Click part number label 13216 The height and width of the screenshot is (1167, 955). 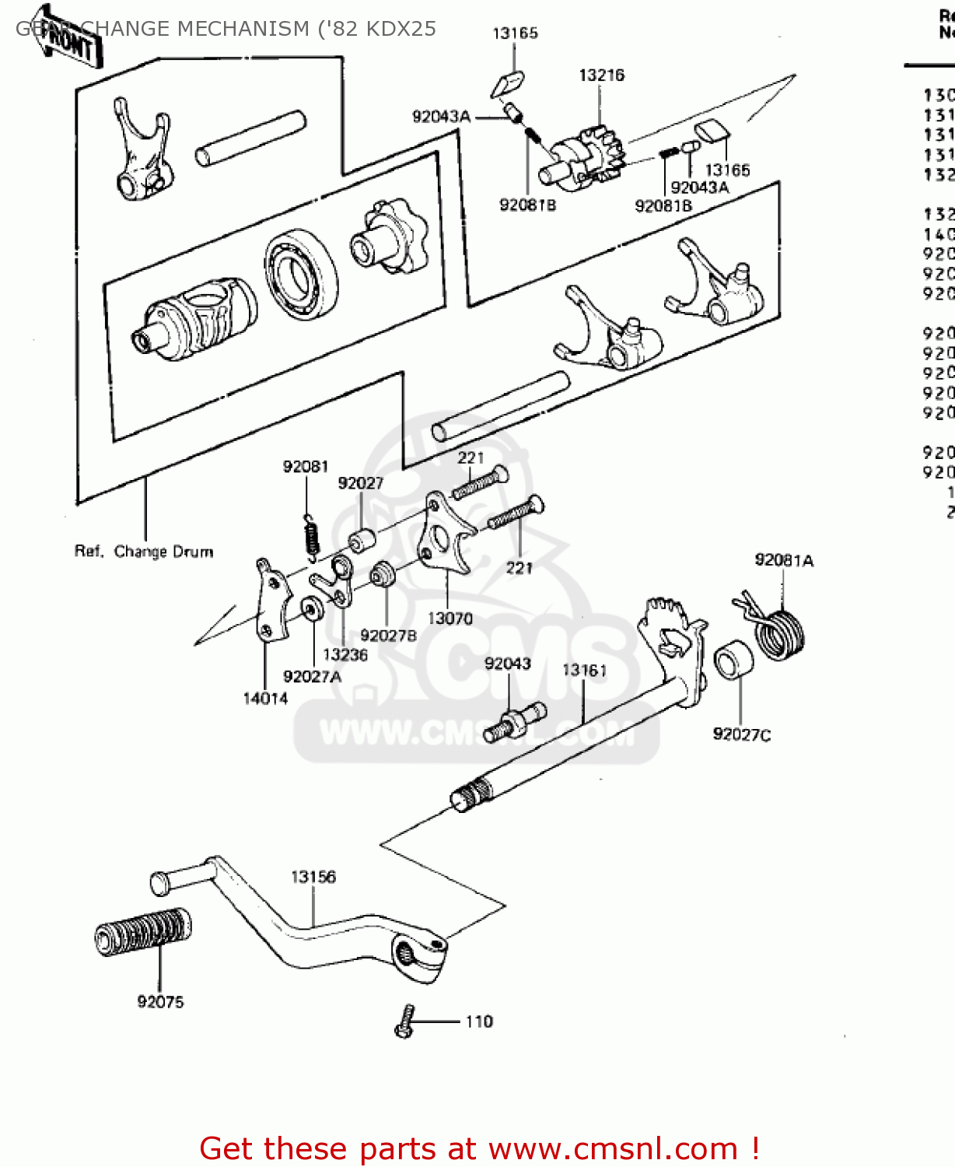pyautogui.click(x=601, y=75)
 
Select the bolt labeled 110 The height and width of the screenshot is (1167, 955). pyautogui.click(x=404, y=1021)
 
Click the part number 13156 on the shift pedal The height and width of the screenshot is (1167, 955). pyautogui.click(x=313, y=877)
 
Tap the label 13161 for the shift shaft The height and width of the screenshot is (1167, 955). pyautogui.click(x=584, y=670)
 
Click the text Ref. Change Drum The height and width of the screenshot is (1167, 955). pyautogui.click(x=144, y=552)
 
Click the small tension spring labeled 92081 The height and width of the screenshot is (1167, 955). pyautogui.click(x=311, y=537)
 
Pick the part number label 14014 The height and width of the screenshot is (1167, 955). pyautogui.click(x=265, y=698)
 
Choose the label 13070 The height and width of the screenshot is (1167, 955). pyautogui.click(x=450, y=618)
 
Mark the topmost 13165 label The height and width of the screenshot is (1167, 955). pyautogui.click(x=515, y=33)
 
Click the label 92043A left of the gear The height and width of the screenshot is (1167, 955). pyautogui.click(x=441, y=117)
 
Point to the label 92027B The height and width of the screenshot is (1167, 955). pyautogui.click(x=388, y=636)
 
